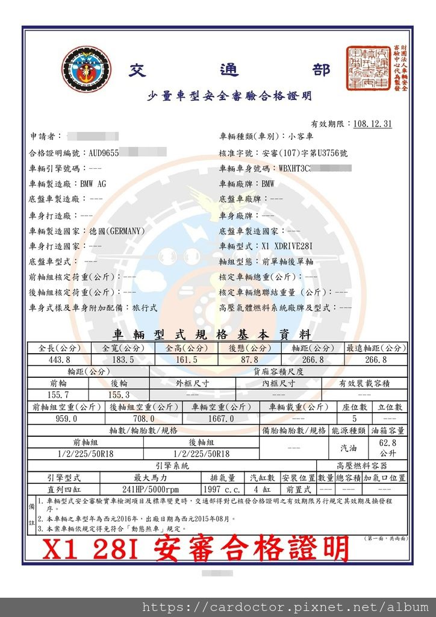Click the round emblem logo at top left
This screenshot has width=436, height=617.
[86, 69]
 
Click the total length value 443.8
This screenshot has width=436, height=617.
[58, 360]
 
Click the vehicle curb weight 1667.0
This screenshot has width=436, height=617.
[221, 418]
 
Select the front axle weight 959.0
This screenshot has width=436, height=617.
[66, 418]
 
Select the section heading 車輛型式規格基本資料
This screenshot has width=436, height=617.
[211, 335]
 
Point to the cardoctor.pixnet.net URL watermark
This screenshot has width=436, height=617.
[284, 607]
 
